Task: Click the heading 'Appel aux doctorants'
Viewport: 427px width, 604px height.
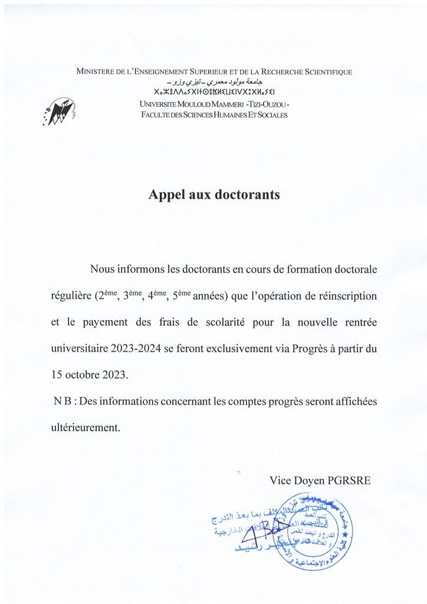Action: coord(213,194)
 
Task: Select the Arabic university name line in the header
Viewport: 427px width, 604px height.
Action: coord(213,82)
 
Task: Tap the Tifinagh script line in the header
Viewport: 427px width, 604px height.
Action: coord(213,93)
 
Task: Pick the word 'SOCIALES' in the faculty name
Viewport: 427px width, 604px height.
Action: coord(270,114)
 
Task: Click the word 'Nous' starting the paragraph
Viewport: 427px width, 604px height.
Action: coord(104,269)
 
